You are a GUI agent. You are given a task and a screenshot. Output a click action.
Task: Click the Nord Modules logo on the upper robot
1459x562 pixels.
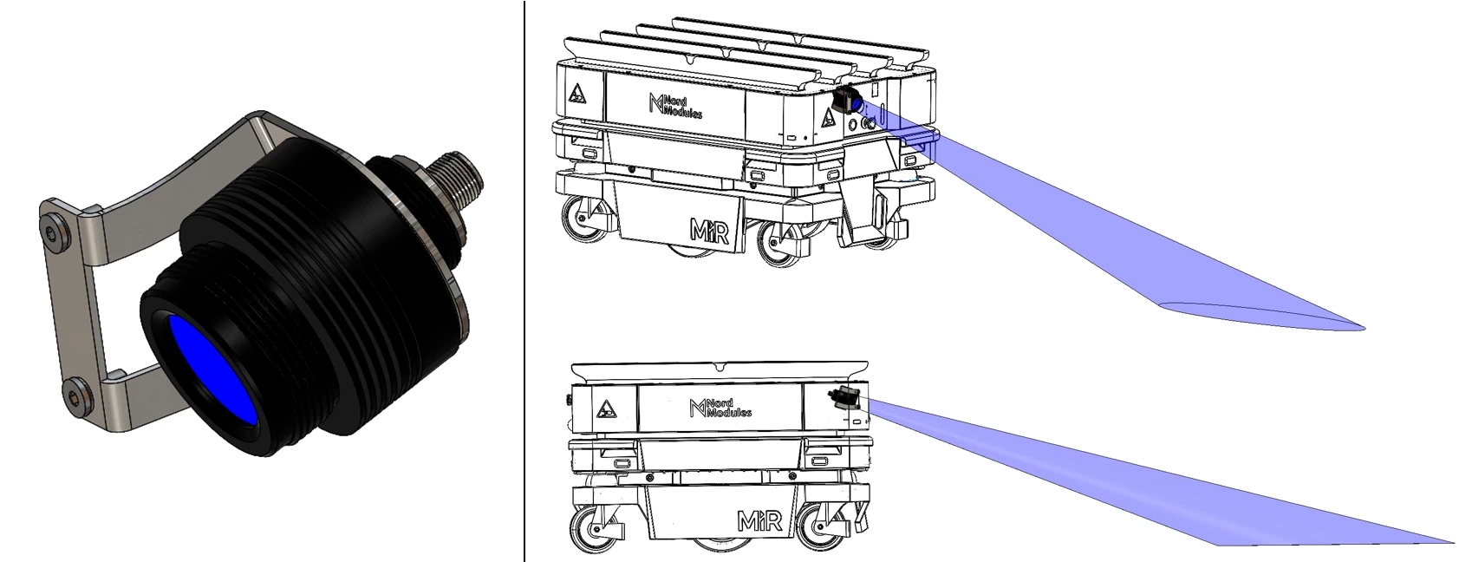[674, 107]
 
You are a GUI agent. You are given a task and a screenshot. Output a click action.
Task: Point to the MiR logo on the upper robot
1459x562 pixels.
[708, 232]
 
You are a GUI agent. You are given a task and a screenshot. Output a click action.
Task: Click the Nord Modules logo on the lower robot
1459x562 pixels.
[720, 408]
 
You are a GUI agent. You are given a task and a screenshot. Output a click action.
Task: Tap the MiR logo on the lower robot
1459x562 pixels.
[760, 521]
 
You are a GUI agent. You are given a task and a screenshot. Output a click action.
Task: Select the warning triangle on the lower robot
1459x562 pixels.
[606, 408]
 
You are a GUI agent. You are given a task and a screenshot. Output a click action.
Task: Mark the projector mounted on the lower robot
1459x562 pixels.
[845, 397]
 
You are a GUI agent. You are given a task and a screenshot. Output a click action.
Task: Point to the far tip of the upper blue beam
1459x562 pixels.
[1365, 328]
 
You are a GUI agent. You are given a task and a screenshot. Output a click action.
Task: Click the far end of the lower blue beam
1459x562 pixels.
[1453, 542]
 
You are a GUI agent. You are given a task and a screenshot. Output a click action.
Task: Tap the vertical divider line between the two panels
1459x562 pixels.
[524, 281]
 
